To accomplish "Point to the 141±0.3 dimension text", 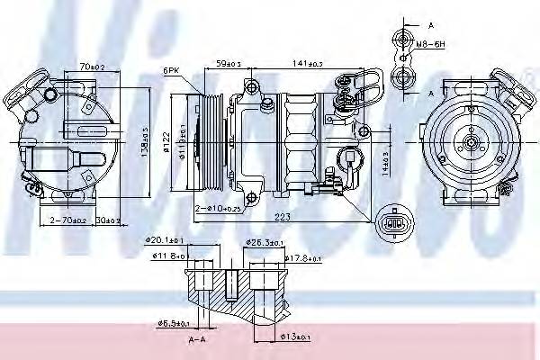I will tap(308, 64).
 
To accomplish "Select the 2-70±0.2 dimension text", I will tap(67, 220).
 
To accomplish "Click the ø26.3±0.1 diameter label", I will tap(265, 241).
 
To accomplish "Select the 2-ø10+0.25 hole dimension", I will tap(220, 208).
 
